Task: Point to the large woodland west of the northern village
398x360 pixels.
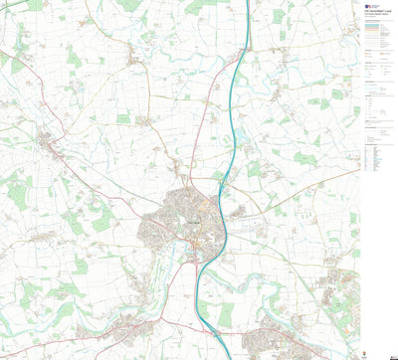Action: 76,58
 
